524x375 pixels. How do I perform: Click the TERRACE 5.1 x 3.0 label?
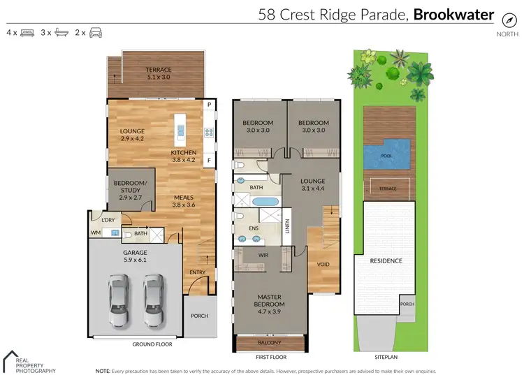click(158, 73)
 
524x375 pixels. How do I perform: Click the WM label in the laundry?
click(96, 233)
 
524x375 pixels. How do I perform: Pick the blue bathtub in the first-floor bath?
click(264, 202)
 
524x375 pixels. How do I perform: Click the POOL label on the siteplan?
click(386, 157)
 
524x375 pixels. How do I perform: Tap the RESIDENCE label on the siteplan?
click(386, 261)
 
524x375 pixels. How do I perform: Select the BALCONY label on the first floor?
click(269, 342)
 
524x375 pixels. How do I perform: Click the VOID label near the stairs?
click(323, 265)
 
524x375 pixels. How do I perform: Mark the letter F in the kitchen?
click(208, 161)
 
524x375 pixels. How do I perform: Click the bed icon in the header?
click(28, 32)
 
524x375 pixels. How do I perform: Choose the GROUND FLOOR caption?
click(152, 344)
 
